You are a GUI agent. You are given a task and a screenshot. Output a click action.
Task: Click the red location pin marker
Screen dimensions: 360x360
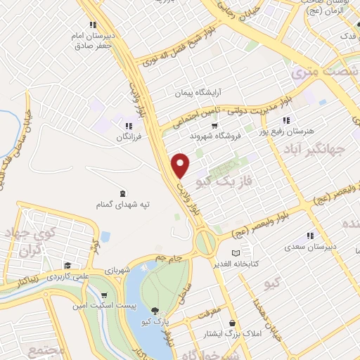tap(181, 165)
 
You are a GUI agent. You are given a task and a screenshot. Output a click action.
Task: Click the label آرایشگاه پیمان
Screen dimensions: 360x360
tap(199, 92)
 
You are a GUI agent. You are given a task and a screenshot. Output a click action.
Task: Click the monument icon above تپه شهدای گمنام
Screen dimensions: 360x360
tap(123, 193)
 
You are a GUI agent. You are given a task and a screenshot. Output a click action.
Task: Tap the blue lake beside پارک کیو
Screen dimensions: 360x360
tap(134, 288)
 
